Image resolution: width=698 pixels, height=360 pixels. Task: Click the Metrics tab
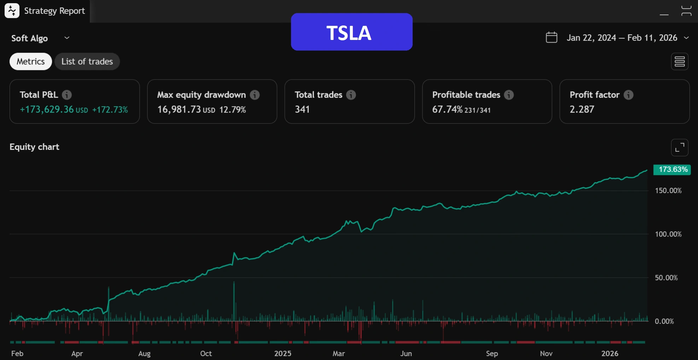[31, 62]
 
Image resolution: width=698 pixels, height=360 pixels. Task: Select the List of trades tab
[87, 62]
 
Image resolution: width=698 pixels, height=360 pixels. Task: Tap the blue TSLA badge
[351, 32]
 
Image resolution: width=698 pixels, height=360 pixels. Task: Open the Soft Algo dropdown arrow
[67, 38]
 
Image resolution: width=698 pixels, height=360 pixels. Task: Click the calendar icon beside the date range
[551, 37]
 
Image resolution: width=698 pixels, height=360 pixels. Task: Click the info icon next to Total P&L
[67, 95]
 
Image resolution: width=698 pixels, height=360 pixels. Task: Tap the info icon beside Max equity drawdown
[255, 95]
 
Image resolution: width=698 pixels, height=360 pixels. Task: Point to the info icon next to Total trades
[351, 95]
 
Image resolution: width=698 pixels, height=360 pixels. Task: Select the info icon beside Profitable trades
[508, 95]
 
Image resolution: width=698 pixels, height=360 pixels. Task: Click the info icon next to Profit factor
[628, 95]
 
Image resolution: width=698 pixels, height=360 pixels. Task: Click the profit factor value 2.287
[582, 109]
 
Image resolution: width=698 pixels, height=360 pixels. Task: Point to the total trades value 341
[302, 109]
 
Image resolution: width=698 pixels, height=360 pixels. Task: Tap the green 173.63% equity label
[672, 169]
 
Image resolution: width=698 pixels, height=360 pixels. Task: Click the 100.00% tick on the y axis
[668, 234]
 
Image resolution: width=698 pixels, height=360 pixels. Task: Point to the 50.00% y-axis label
[666, 278]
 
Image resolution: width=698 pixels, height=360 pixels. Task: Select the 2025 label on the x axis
[283, 353]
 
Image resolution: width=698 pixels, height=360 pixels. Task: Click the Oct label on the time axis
[206, 353]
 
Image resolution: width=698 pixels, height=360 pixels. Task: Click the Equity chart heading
[34, 147]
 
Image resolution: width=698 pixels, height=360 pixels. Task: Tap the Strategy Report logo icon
[12, 11]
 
